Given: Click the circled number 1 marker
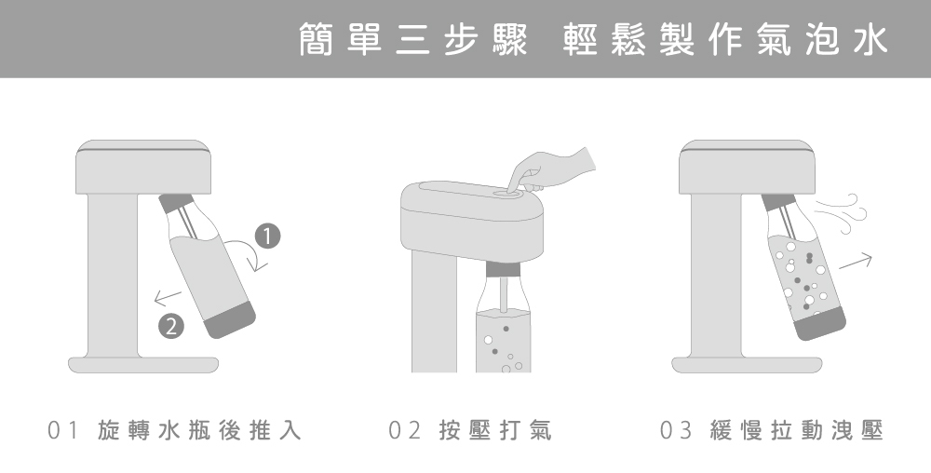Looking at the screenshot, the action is (267, 236).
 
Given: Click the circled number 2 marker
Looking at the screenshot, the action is (171, 326).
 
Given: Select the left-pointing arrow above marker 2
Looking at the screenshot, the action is (168, 297).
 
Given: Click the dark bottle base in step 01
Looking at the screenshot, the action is (230, 320).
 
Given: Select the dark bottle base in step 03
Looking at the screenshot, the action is (820, 323).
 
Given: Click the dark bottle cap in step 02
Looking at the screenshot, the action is (503, 270).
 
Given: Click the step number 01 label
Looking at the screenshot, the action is (62, 430).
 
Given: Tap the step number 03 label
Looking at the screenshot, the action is (676, 430).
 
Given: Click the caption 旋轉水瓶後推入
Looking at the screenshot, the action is (199, 430).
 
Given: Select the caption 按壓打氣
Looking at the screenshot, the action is (495, 430).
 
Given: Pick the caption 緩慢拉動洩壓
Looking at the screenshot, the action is (797, 430).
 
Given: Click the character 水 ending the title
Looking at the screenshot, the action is (870, 39).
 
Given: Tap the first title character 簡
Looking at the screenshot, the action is (316, 39).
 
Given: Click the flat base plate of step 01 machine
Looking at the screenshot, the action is (143, 365).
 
